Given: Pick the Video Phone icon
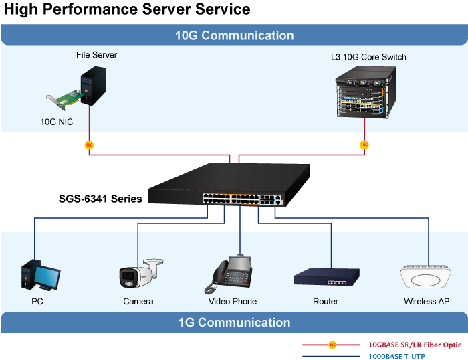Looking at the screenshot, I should coord(232,274).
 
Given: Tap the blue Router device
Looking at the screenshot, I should coord(326,276).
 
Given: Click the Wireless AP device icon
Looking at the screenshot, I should coord(427,276).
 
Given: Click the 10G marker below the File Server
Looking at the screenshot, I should coord(89,145).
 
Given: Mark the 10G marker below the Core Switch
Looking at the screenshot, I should coord(364,145).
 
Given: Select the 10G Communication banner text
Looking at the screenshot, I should coord(234,36).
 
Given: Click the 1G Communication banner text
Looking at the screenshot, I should coord(234,323).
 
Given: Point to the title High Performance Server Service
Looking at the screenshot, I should coord(127,9).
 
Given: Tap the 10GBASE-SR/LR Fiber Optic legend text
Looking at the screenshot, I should coord(415,345).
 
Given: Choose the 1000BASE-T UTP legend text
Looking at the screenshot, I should coord(396,357).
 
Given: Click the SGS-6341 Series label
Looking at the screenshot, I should coord(100,199).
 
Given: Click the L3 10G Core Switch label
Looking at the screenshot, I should coord(368,57).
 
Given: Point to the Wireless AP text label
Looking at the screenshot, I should coord(427,302).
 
